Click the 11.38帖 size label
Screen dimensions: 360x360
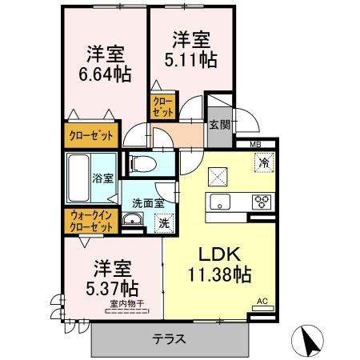[x=222, y=275]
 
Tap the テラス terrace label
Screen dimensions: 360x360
[x=169, y=338]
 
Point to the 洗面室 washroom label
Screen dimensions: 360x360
[x=147, y=202]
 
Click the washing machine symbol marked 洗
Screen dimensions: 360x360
[x=162, y=222]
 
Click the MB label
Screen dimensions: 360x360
[x=255, y=144]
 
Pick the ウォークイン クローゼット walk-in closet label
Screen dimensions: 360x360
[x=91, y=222]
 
